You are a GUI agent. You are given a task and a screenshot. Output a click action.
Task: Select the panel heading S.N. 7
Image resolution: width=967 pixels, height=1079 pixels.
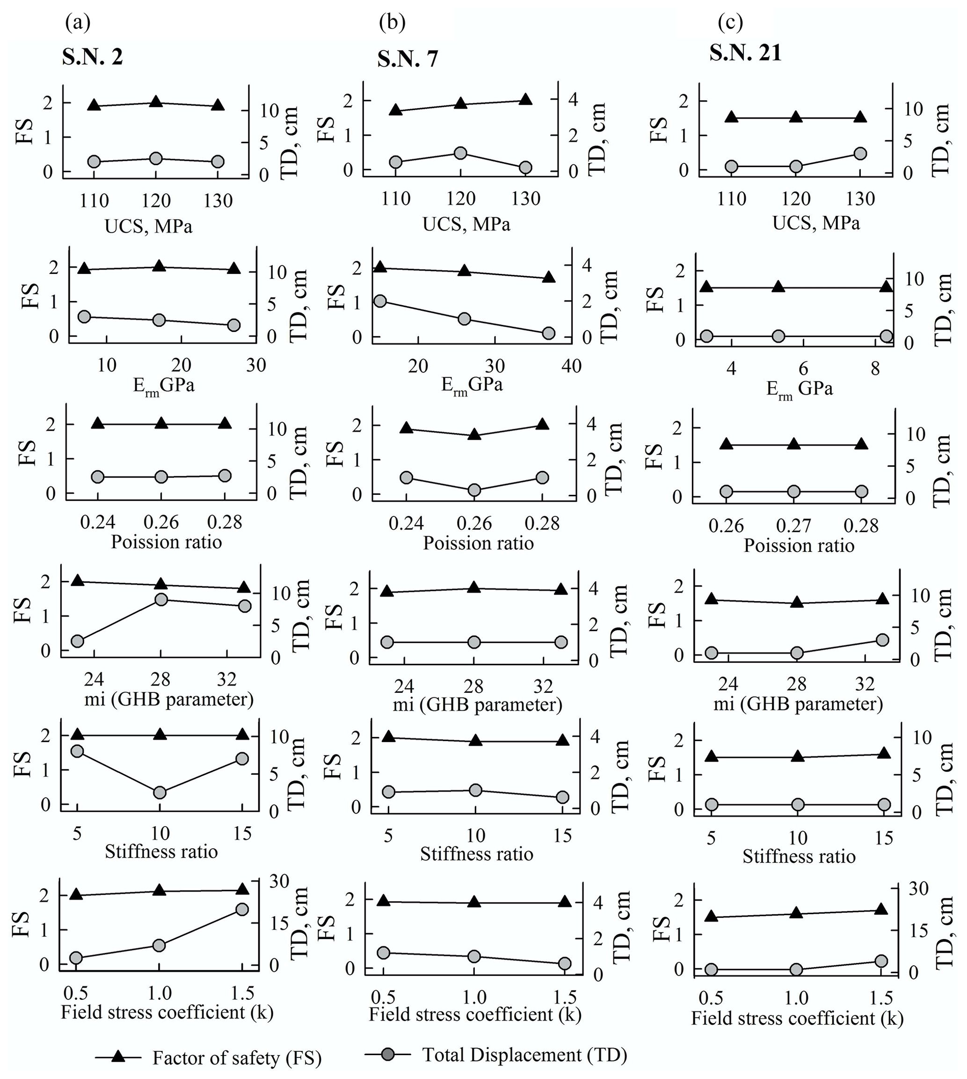point(408,59)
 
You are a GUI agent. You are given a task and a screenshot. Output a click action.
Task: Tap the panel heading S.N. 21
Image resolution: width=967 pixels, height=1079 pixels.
point(745,53)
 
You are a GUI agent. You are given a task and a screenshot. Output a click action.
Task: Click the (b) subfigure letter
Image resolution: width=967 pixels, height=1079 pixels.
point(392,23)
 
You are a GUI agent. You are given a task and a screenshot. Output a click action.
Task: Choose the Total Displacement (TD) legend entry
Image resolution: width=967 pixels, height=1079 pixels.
point(524,1055)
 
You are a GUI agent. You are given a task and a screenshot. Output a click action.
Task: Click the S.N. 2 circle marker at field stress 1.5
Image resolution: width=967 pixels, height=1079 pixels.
point(242,910)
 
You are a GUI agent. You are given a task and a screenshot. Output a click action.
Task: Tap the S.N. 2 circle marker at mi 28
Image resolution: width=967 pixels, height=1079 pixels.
point(161,600)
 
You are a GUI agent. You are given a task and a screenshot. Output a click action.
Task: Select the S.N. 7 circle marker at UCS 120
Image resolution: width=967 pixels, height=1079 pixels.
point(461,153)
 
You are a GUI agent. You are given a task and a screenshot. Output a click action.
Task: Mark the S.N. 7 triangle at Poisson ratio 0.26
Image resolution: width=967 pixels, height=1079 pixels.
point(474,435)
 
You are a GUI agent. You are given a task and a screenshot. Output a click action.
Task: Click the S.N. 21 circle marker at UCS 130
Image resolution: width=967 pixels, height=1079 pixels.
point(860,154)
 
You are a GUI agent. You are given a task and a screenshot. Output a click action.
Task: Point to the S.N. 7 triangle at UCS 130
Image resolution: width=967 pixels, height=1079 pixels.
point(525,99)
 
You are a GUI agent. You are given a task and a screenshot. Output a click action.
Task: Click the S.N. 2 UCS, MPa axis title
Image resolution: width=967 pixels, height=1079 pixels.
point(148,227)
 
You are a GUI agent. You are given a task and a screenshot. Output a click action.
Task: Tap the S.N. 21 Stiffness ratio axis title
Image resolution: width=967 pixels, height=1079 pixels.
point(799,856)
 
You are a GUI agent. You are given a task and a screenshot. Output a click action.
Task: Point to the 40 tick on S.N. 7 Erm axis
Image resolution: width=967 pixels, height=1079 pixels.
point(571,366)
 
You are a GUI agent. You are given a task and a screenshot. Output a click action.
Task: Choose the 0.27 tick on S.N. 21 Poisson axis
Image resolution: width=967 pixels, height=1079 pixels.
point(794,526)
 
